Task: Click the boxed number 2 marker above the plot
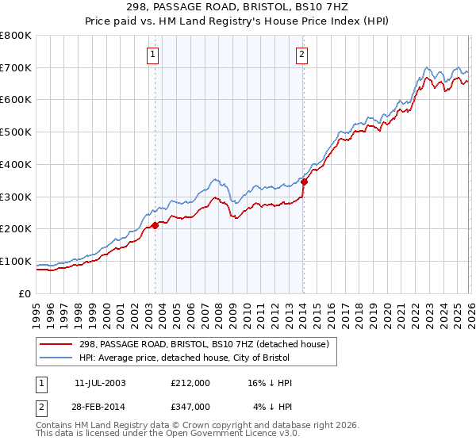302,55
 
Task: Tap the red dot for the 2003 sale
155,225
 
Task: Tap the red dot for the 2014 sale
304,182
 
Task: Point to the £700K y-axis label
16,68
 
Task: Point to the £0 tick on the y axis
25,293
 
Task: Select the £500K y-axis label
16,132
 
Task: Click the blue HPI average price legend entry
206,358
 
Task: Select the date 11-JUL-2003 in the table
100,383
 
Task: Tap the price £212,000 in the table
190,383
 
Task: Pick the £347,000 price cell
190,407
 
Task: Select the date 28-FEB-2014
100,407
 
